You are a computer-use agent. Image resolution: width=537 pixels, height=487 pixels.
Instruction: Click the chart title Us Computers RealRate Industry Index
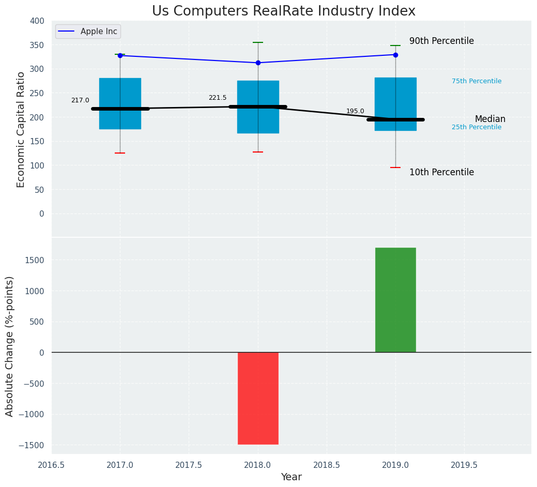click(283, 11)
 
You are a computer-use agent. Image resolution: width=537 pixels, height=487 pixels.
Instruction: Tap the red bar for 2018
click(258, 398)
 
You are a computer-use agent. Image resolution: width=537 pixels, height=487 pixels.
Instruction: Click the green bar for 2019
click(395, 300)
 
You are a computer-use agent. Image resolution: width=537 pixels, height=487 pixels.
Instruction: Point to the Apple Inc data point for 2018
click(258, 63)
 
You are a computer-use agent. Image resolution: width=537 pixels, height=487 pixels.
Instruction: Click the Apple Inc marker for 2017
click(120, 55)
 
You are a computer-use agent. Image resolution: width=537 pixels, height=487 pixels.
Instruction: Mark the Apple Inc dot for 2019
click(395, 55)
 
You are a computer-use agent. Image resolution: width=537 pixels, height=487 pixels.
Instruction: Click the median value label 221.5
click(218, 98)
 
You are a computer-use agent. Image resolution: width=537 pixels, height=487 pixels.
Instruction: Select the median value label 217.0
click(80, 101)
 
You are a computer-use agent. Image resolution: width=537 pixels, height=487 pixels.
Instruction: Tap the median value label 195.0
click(355, 111)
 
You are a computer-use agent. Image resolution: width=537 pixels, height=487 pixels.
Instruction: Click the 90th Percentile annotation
click(441, 41)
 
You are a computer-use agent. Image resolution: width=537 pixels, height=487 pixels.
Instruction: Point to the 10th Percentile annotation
click(441, 173)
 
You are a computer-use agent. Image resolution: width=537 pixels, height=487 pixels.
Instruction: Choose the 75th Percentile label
click(477, 81)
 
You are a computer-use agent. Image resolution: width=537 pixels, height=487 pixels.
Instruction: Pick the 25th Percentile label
click(477, 127)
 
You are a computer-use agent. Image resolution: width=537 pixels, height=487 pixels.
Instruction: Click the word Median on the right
click(490, 119)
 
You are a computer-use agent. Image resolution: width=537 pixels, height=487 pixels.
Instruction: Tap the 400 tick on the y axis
click(37, 21)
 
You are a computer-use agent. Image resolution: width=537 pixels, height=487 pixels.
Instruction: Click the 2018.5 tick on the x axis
click(327, 465)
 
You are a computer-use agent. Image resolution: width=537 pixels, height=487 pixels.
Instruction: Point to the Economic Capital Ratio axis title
click(21, 129)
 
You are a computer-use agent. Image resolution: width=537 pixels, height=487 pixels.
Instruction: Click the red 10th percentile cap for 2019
click(395, 168)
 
